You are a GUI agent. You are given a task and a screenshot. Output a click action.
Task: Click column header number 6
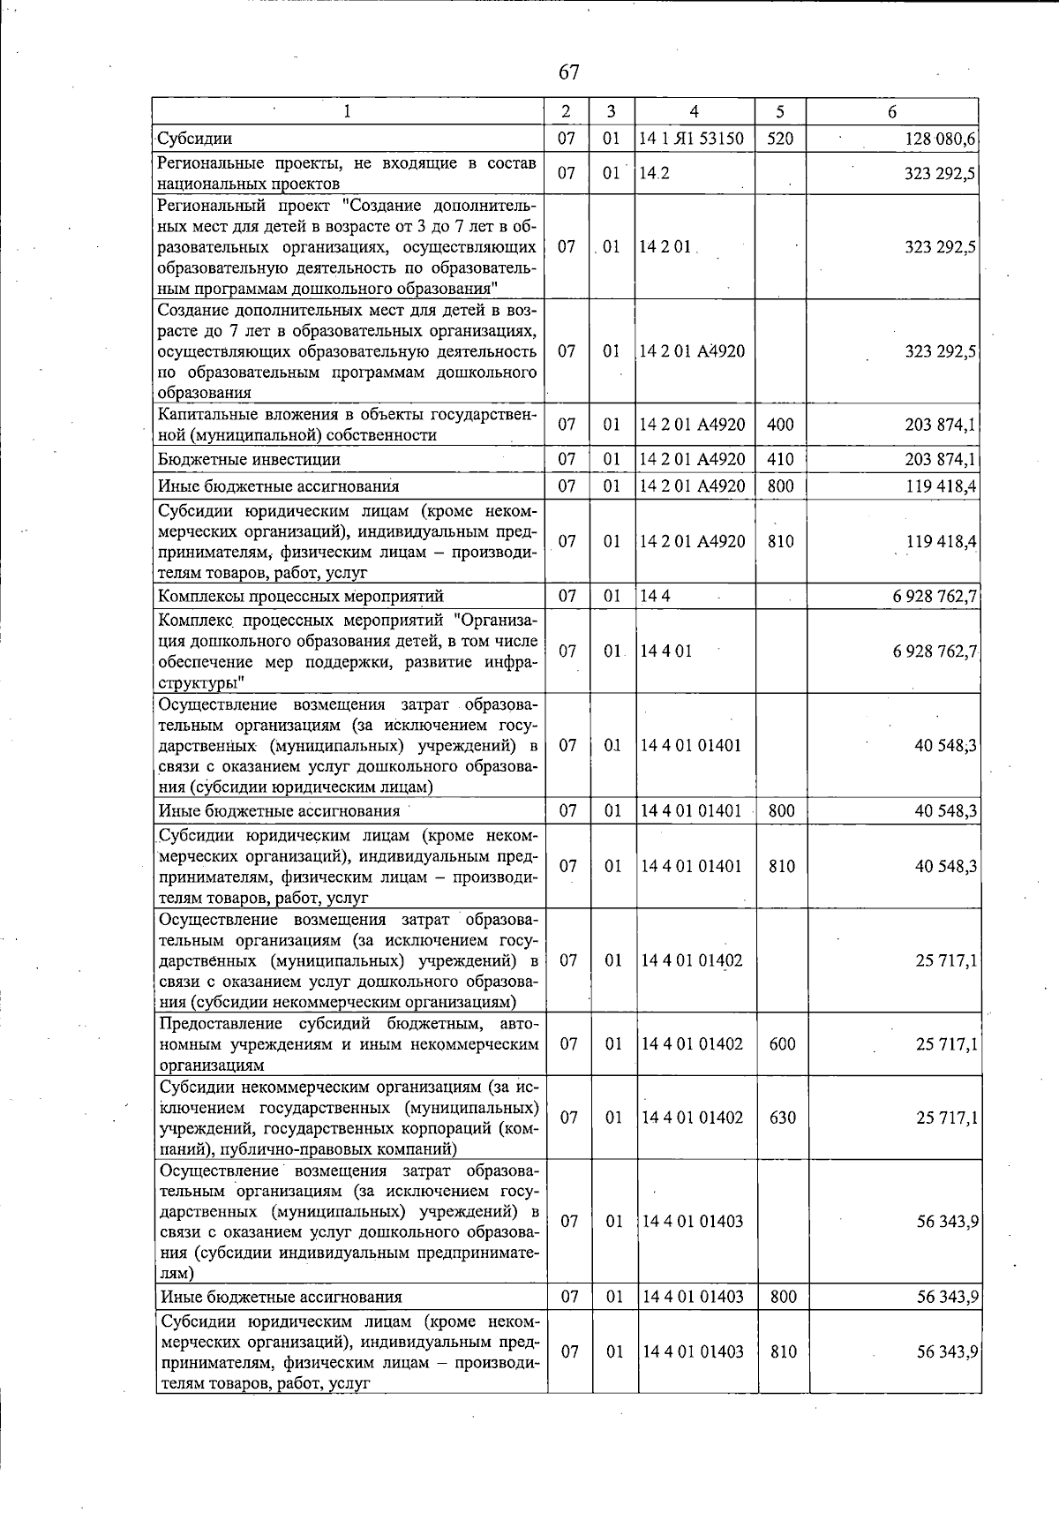[x=892, y=112]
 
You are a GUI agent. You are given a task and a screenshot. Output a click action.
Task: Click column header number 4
[x=695, y=112]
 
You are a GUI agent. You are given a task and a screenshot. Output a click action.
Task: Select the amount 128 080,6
[x=940, y=139]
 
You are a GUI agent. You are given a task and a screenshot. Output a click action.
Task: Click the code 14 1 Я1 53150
[x=692, y=139]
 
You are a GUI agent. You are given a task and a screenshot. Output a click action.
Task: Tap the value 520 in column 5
[x=780, y=139]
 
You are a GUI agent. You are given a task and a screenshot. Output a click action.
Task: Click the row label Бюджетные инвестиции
[x=249, y=460]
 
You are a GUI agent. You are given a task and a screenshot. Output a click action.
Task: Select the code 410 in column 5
[x=780, y=460]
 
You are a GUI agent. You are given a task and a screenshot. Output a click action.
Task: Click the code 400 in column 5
[x=780, y=425]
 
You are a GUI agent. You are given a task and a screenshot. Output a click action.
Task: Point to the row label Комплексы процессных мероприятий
[x=301, y=597]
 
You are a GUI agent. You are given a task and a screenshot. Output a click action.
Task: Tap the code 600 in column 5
[x=782, y=1044]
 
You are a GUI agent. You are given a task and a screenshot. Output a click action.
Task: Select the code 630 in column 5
[x=782, y=1118]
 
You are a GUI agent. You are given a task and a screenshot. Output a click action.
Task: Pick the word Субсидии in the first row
[x=195, y=139]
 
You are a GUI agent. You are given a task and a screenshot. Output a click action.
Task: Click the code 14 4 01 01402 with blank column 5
[x=692, y=960]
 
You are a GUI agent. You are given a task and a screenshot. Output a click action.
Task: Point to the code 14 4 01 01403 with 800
[x=693, y=1297]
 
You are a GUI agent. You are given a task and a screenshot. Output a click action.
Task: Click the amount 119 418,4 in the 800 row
[x=941, y=486]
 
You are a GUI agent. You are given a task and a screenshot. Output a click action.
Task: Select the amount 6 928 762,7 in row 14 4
[x=935, y=597]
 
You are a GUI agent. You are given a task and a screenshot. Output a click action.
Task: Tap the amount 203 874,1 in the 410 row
[x=940, y=460]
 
